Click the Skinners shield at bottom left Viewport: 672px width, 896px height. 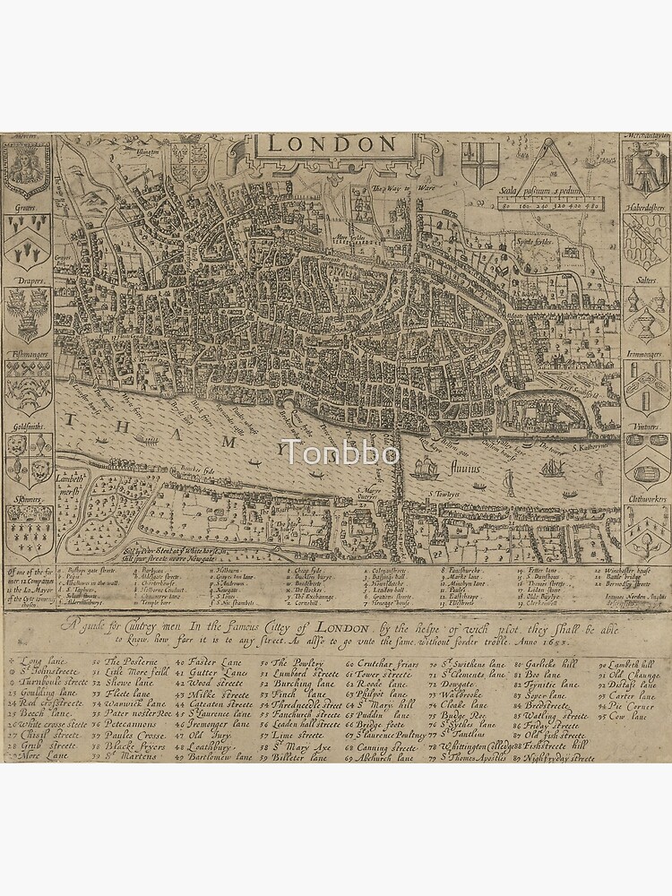(x=27, y=532)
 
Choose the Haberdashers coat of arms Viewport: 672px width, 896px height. (x=646, y=240)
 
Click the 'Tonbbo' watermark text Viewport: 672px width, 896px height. (x=340, y=452)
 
